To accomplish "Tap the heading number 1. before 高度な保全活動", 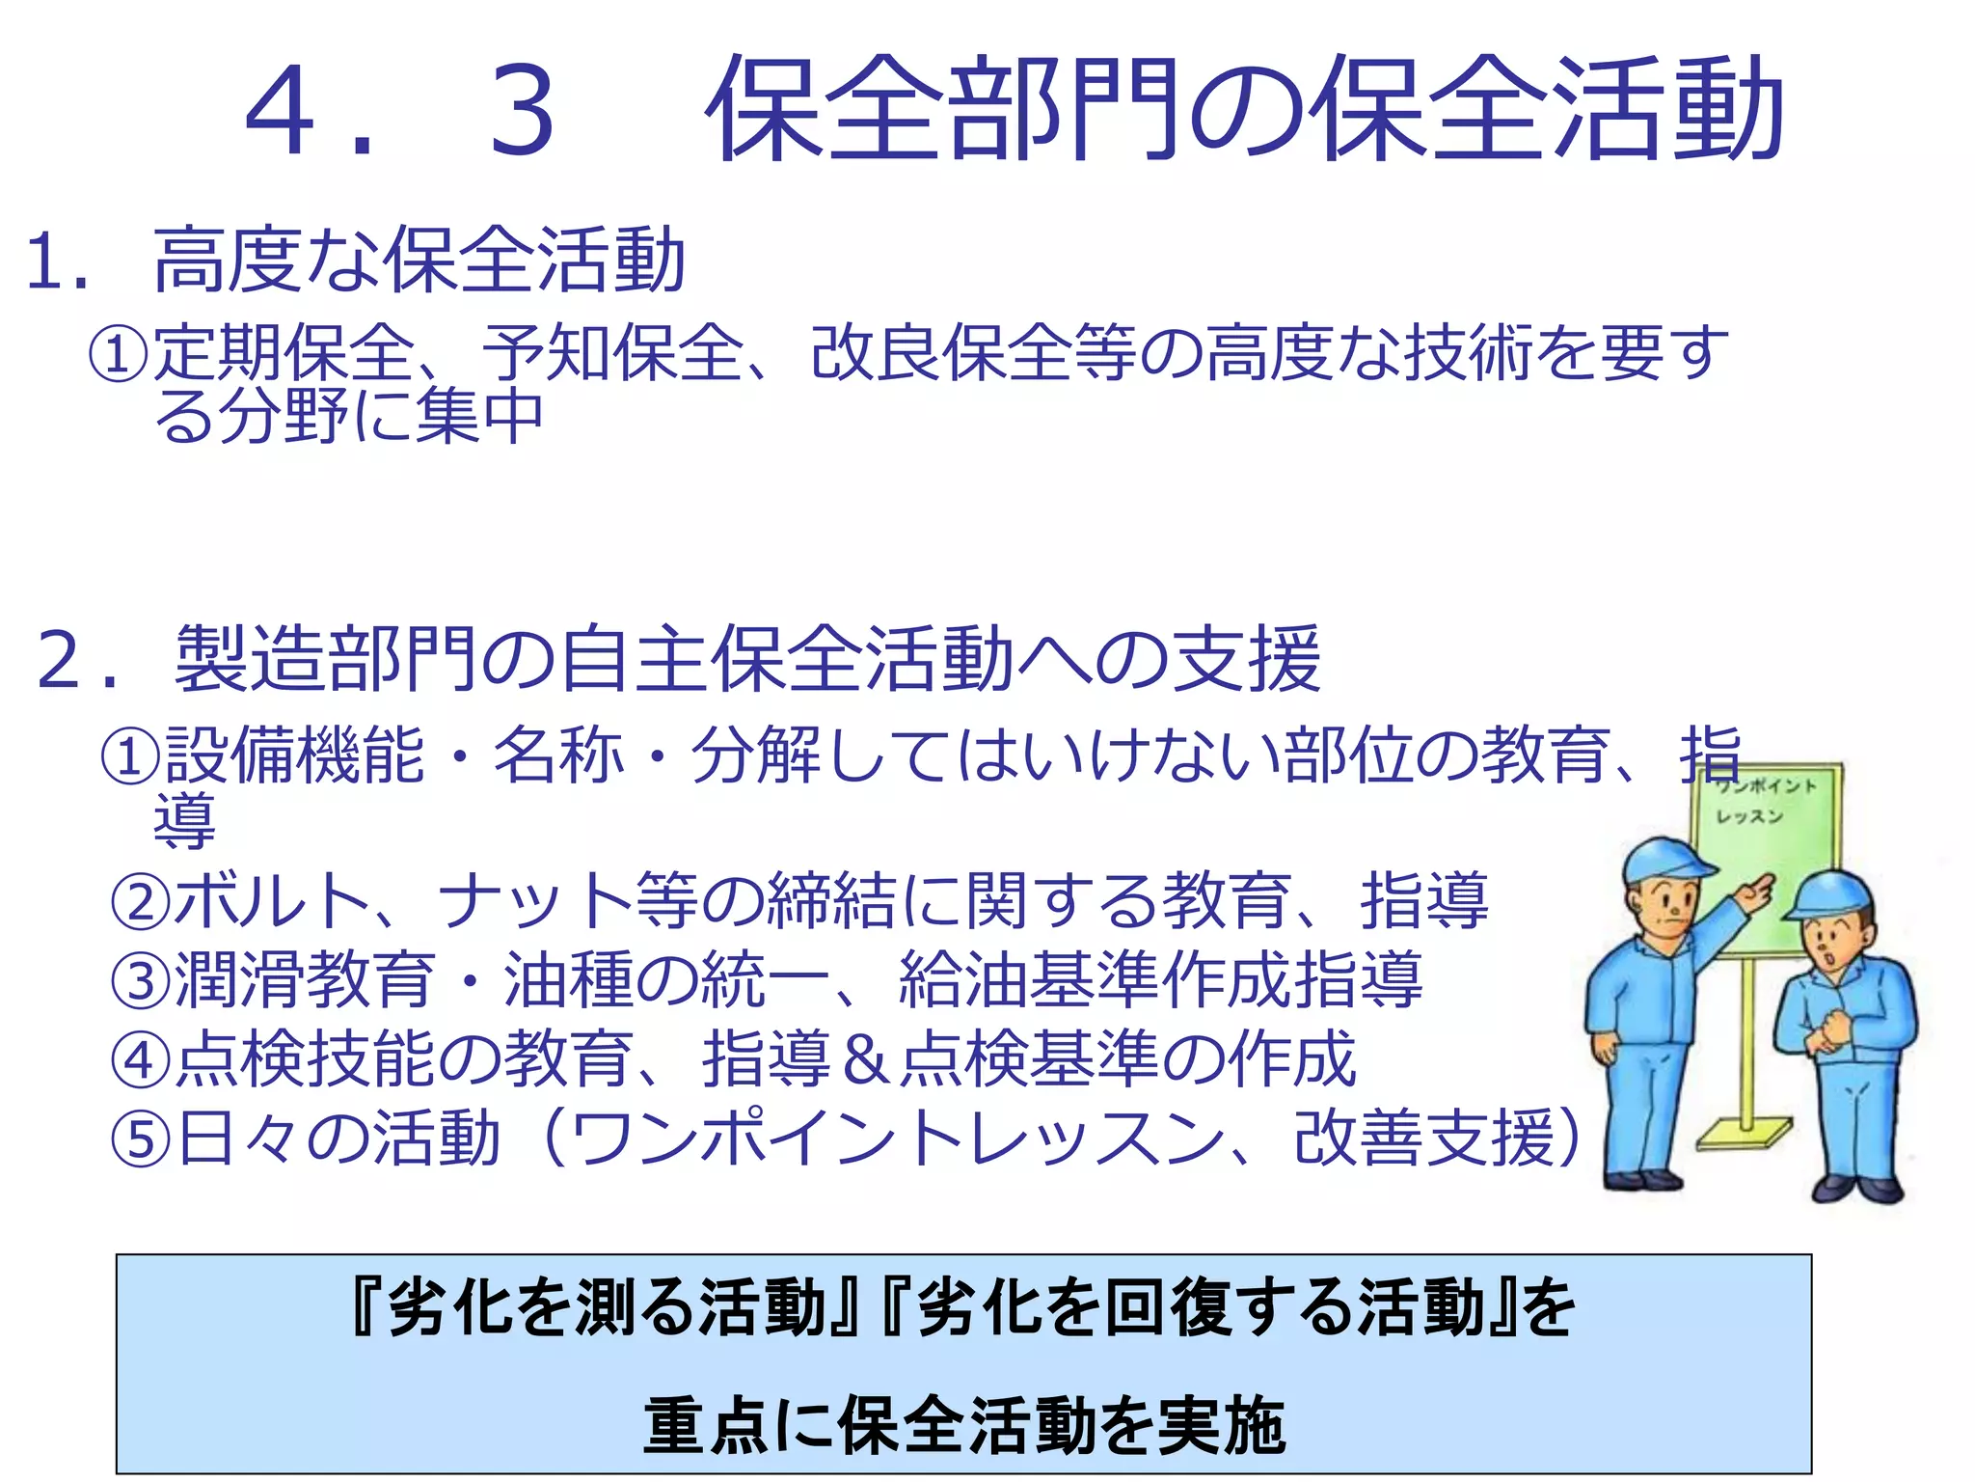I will point(57,261).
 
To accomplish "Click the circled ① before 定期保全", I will point(119,353).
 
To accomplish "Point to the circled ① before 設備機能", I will point(130,755).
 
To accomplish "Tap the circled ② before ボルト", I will point(141,901).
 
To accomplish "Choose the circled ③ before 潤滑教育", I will point(141,980).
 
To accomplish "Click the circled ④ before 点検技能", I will point(141,1059).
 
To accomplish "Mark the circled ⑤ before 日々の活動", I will point(141,1139).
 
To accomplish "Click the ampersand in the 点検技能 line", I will point(864,1059).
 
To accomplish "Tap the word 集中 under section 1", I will point(479,417).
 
